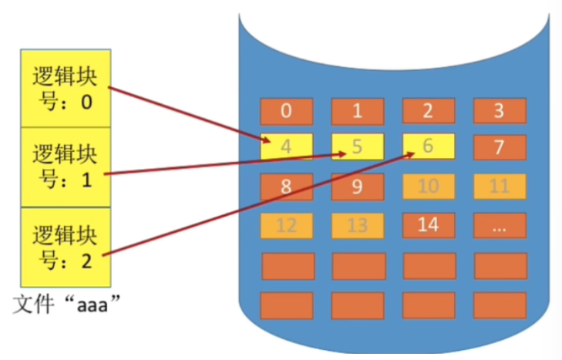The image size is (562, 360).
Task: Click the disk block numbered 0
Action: pyautogui.click(x=286, y=111)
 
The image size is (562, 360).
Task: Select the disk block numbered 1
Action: pyautogui.click(x=357, y=111)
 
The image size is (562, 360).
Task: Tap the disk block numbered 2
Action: pyautogui.click(x=429, y=111)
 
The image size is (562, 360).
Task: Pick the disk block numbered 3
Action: pyautogui.click(x=499, y=111)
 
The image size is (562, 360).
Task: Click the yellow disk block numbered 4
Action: pyautogui.click(x=286, y=146)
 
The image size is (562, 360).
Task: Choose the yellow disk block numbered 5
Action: pyautogui.click(x=357, y=146)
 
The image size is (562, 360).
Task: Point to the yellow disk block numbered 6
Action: pyautogui.click(x=429, y=146)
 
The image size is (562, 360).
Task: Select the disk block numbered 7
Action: pyautogui.click(x=499, y=147)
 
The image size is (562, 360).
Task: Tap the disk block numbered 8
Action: pyautogui.click(x=286, y=186)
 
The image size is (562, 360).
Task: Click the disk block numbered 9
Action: pyautogui.click(x=357, y=186)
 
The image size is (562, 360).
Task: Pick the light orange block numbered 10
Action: pyautogui.click(x=429, y=186)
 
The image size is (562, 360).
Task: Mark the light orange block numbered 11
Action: pyautogui.click(x=499, y=186)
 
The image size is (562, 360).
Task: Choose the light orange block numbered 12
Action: pyautogui.click(x=286, y=225)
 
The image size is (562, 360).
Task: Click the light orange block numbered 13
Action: pyautogui.click(x=357, y=225)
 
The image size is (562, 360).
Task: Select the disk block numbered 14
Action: pyautogui.click(x=429, y=225)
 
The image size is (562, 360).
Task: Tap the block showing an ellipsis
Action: pyautogui.click(x=499, y=225)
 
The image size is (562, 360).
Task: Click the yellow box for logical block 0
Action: pyautogui.click(x=66, y=88)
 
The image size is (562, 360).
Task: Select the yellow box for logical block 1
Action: pyautogui.click(x=66, y=167)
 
